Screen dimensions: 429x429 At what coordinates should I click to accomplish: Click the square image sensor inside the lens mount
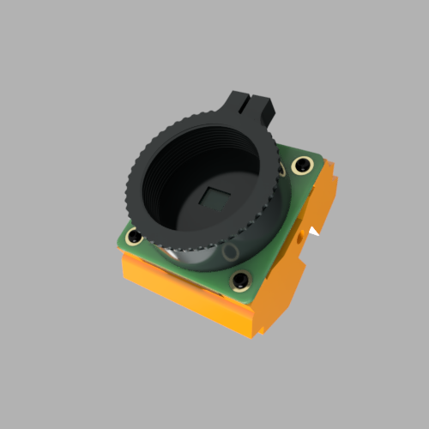[x=212, y=199]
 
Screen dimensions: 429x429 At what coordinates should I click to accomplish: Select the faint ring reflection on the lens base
[x=230, y=251]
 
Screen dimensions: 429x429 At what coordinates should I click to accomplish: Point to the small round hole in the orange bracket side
[x=299, y=239]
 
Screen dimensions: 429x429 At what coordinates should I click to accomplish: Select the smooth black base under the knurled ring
[x=202, y=255]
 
